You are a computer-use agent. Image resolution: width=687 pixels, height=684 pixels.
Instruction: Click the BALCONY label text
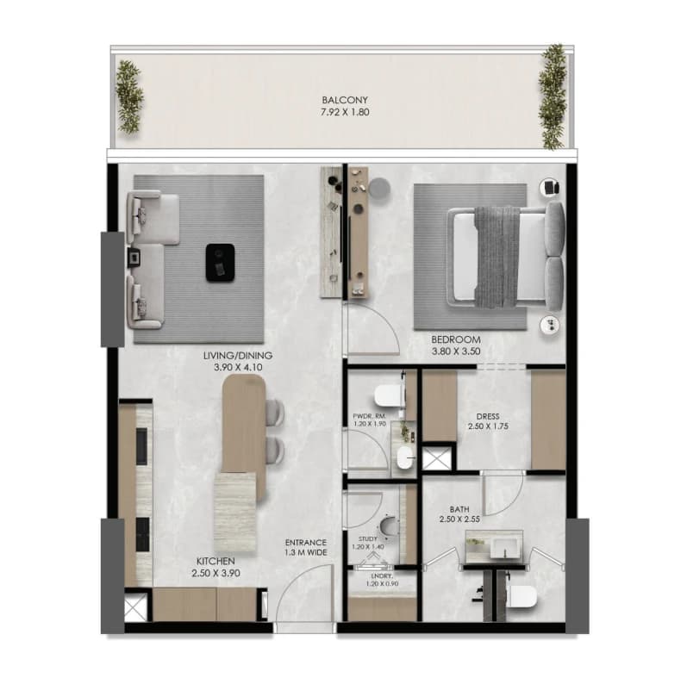click(x=345, y=100)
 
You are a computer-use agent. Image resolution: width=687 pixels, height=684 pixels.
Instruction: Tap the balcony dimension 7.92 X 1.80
click(x=345, y=112)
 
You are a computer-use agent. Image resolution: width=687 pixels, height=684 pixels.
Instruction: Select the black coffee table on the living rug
click(x=220, y=263)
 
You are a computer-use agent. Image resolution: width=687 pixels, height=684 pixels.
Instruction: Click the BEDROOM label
click(x=456, y=339)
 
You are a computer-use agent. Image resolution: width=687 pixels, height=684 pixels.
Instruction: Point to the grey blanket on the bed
click(x=497, y=257)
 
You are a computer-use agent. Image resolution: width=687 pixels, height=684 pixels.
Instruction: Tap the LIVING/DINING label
click(x=238, y=356)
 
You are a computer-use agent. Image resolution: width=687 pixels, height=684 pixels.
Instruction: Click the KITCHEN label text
click(x=215, y=561)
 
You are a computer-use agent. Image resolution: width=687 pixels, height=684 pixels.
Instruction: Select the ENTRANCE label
click(x=306, y=543)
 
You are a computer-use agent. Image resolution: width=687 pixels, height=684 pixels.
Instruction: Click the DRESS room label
click(x=488, y=416)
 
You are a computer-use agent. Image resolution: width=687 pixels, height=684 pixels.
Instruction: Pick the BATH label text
click(x=459, y=509)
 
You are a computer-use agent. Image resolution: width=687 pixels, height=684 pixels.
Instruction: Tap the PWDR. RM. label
click(x=369, y=417)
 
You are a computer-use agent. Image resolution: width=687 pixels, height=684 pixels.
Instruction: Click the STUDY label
click(x=367, y=539)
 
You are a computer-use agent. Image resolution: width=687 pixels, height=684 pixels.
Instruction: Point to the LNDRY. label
click(x=382, y=576)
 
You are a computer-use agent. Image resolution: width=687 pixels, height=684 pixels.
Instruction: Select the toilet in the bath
click(x=521, y=596)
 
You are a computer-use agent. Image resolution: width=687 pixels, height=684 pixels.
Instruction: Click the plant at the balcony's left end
click(x=128, y=96)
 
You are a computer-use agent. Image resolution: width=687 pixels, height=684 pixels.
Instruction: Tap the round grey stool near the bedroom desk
click(x=379, y=189)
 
